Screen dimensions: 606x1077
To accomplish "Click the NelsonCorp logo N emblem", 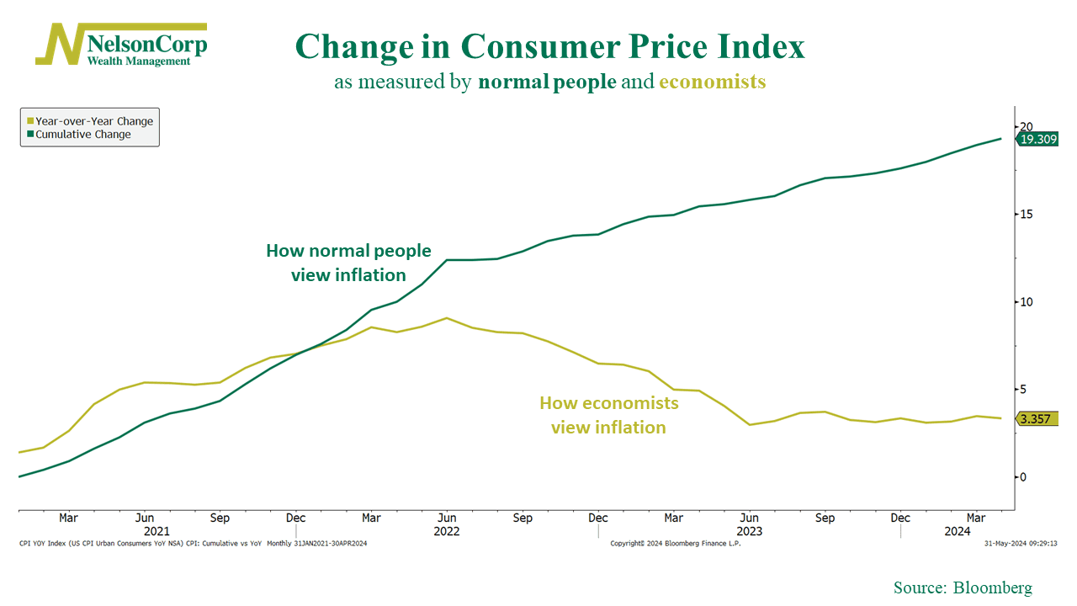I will (60, 44).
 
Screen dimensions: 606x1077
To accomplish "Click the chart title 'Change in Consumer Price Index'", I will (549, 46).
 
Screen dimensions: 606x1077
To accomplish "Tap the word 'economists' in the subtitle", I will (712, 82).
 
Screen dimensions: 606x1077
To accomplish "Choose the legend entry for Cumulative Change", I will (82, 135).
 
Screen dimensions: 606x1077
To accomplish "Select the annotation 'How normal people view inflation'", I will (348, 263).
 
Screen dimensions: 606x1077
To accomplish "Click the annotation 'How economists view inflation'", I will (608, 415).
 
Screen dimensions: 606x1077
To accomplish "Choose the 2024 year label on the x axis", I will (957, 531).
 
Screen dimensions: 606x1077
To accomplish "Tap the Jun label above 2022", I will (447, 518).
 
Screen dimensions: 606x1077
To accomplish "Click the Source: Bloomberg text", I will (963, 587).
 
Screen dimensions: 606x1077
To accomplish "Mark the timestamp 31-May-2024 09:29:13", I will (1020, 544).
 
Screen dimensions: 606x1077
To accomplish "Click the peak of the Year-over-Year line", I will (447, 318).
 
